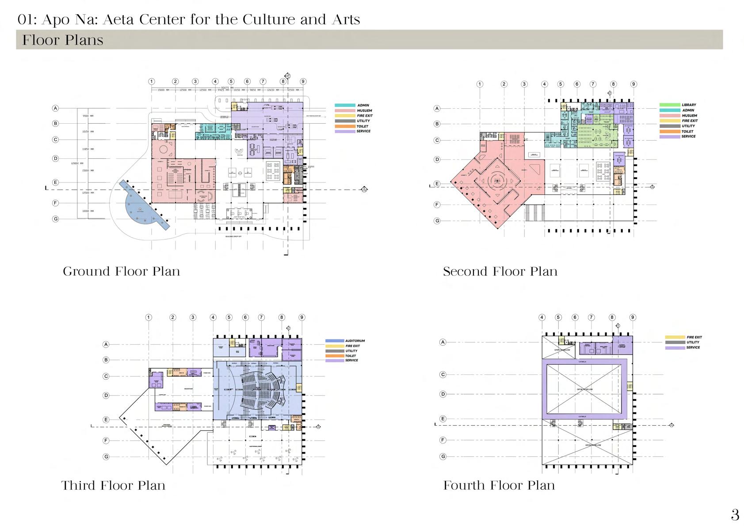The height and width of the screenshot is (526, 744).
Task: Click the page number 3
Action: (735, 515)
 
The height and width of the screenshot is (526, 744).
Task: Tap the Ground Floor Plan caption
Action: (122, 271)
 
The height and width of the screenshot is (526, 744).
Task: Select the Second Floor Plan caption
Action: (500, 271)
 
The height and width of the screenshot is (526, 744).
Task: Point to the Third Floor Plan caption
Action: (113, 485)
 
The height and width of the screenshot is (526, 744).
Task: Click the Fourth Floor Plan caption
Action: (499, 485)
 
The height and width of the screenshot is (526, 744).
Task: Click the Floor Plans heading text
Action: (63, 40)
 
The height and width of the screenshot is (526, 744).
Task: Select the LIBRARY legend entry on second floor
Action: (689, 105)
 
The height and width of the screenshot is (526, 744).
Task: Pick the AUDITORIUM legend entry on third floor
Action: (355, 341)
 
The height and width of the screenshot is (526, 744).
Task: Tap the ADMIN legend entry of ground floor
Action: (363, 106)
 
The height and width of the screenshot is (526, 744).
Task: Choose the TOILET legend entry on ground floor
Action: (362, 126)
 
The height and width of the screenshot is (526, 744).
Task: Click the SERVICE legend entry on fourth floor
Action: (693, 348)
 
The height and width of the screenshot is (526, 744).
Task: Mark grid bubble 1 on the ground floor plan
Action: (152, 81)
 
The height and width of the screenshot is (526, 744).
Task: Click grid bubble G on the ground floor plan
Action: (56, 219)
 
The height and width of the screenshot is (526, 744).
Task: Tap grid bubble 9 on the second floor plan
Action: (633, 84)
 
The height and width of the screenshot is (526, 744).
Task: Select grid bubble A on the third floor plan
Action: (106, 344)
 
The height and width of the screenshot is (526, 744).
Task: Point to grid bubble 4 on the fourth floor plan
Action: (542, 317)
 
